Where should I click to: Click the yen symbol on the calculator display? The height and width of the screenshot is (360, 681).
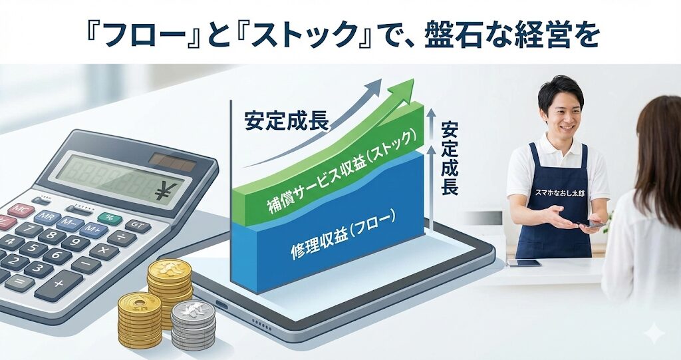pos(166,191)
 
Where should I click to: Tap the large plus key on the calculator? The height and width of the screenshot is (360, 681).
pos(59,285)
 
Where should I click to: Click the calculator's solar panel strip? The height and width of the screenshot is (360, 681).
pos(172,162)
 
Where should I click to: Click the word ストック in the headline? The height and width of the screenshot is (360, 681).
pos(305,35)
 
